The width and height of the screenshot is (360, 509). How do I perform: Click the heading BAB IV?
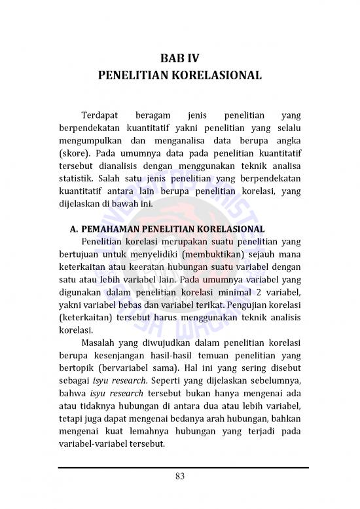pyautogui.click(x=179, y=58)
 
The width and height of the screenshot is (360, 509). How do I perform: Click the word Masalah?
pyautogui.click(x=100, y=342)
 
